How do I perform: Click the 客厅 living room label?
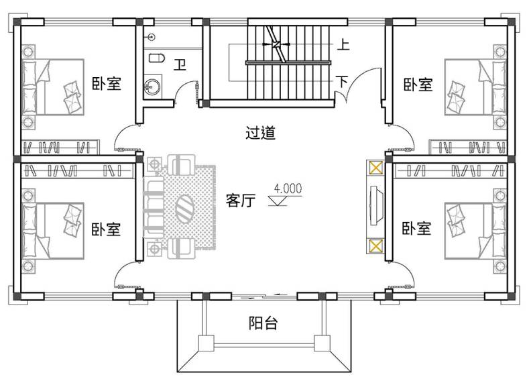point(241,200)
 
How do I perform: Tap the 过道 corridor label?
point(260,133)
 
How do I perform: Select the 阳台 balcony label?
point(263,323)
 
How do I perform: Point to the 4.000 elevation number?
point(288,188)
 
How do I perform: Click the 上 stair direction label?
point(343,44)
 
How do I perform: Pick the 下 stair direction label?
point(342,82)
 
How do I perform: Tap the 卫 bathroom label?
point(180,64)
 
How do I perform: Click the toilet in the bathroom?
point(157,58)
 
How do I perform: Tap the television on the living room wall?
point(375,205)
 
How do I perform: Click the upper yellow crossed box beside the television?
point(375,168)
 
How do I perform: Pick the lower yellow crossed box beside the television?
point(375,246)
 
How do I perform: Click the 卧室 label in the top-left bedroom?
point(107,83)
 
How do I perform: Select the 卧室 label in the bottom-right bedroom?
point(416,228)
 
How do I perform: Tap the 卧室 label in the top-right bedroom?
point(418,85)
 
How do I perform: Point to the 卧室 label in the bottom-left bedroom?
point(106,229)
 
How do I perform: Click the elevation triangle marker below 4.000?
point(278,201)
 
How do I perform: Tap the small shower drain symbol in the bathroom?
point(152,37)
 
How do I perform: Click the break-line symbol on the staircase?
point(276,44)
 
